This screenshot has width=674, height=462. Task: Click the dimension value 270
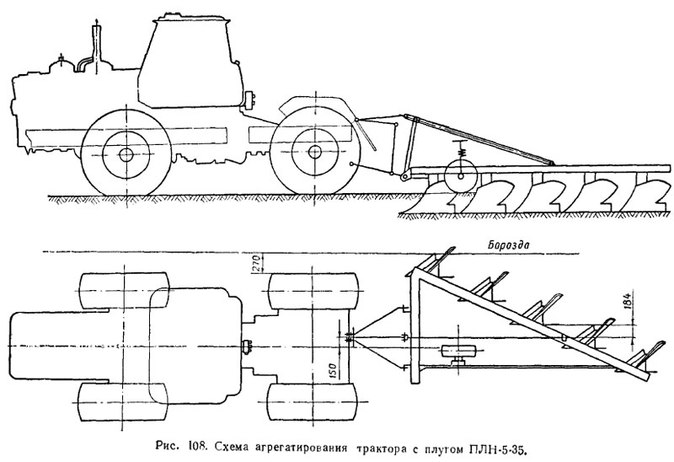(x=255, y=263)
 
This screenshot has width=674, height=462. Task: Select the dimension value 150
(x=334, y=369)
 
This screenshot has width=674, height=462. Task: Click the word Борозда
(x=509, y=245)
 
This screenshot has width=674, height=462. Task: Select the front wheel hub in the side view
(x=126, y=154)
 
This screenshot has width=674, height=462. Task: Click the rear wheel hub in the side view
(x=314, y=152)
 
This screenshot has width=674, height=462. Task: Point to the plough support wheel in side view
(x=461, y=176)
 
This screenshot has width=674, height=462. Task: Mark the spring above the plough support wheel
(x=463, y=153)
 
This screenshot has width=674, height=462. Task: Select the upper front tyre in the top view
(x=124, y=290)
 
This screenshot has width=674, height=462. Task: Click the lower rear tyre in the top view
(x=313, y=402)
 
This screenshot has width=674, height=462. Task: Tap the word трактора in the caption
(x=382, y=449)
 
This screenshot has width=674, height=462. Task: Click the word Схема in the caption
(x=233, y=449)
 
